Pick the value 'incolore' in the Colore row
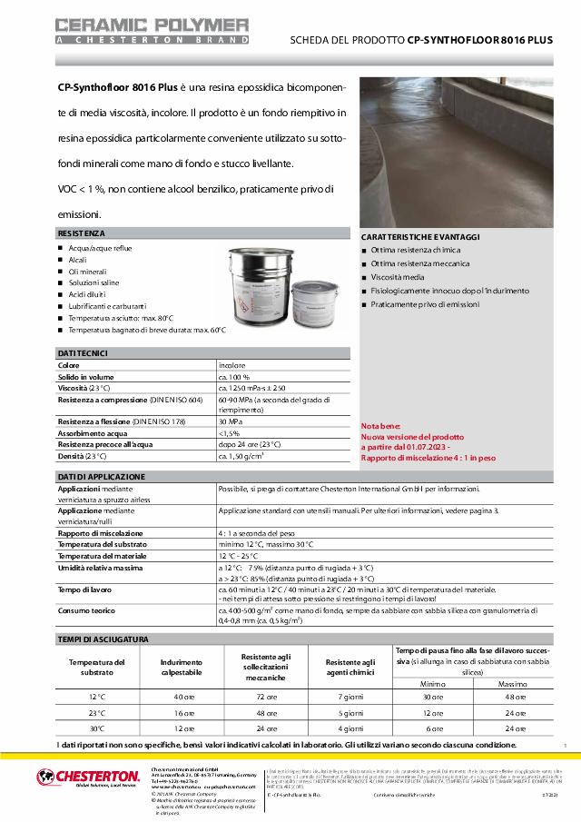tap(232, 364)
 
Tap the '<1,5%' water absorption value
tap(229, 433)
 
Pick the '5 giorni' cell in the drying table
tap(350, 713)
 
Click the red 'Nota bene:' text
tap(379, 426)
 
